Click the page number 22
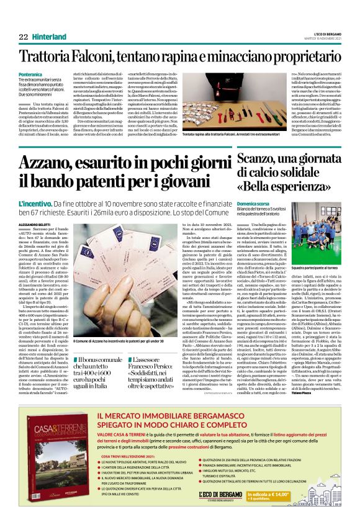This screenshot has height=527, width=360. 24,36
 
